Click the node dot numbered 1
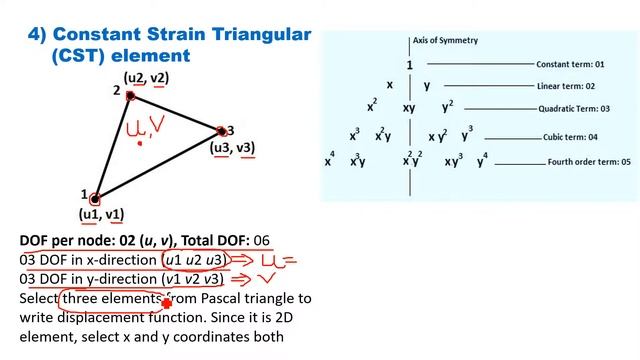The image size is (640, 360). click(x=94, y=198)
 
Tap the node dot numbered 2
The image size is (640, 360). click(x=130, y=96)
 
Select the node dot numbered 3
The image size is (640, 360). click(x=221, y=131)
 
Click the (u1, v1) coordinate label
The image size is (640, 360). click(x=101, y=214)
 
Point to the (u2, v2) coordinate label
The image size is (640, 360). click(x=145, y=77)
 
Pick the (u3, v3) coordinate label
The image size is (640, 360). click(x=232, y=148)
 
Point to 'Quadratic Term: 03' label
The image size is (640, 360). click(x=576, y=108)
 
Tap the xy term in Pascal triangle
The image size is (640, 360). click(x=409, y=108)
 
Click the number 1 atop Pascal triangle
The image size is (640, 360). click(x=410, y=65)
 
